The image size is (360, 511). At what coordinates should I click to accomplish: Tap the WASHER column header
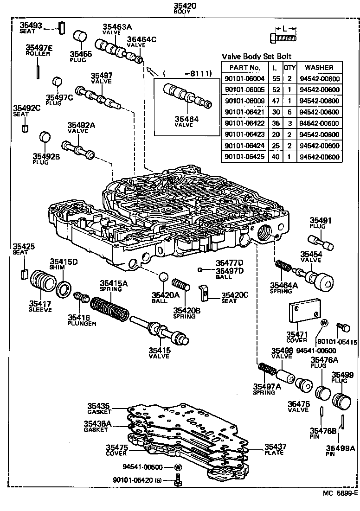(319, 67)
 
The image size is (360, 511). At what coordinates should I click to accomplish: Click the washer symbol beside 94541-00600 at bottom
(178, 467)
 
